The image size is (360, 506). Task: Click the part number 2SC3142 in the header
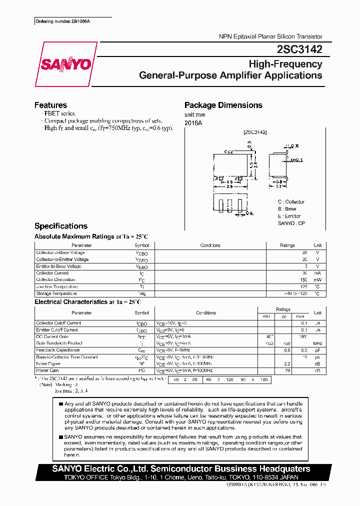(x=299, y=49)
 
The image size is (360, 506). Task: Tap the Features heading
(x=50, y=105)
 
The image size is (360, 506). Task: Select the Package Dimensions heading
(x=223, y=105)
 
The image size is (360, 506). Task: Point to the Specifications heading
(x=60, y=226)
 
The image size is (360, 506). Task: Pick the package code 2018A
(x=193, y=122)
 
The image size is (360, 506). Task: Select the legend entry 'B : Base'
(x=287, y=209)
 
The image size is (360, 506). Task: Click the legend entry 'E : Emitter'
(x=289, y=216)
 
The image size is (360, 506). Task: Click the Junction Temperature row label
(x=56, y=286)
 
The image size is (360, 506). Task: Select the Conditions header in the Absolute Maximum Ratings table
(x=210, y=245)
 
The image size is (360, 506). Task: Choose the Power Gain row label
(x=47, y=370)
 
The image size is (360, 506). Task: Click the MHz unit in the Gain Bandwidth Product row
(x=317, y=343)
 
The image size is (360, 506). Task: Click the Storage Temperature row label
(x=56, y=293)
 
